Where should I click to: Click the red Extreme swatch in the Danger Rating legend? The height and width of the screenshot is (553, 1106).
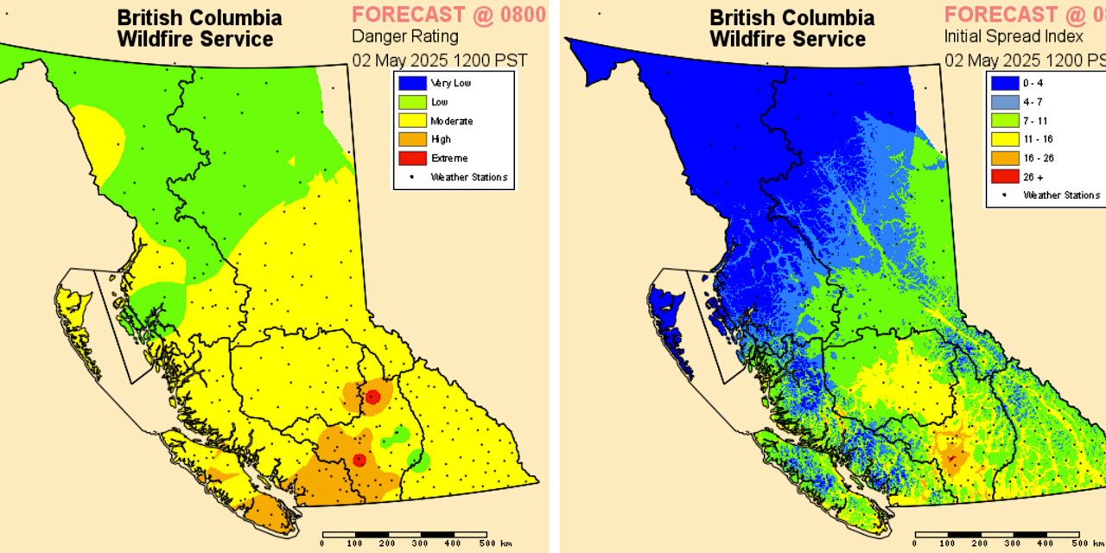coord(411,158)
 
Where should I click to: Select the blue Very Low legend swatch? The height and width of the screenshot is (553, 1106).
coord(411,83)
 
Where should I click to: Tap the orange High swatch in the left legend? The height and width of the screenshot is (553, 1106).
coord(411,139)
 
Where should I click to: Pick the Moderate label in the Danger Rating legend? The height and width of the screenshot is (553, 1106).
coord(451,121)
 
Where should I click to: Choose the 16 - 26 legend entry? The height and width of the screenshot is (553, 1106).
coord(1037,158)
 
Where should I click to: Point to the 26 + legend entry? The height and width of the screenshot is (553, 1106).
coord(1033,176)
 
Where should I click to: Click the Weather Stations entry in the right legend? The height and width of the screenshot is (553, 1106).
coord(1061,195)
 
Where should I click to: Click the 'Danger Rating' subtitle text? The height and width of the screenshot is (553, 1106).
coord(404,36)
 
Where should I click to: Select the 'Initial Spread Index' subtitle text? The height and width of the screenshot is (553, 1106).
coord(1014,36)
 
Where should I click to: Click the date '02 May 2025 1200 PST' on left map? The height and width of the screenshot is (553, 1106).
coord(439,60)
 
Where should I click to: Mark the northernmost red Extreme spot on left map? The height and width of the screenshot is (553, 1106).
coord(372,397)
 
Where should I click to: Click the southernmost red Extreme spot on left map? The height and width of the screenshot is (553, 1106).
coord(359,461)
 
